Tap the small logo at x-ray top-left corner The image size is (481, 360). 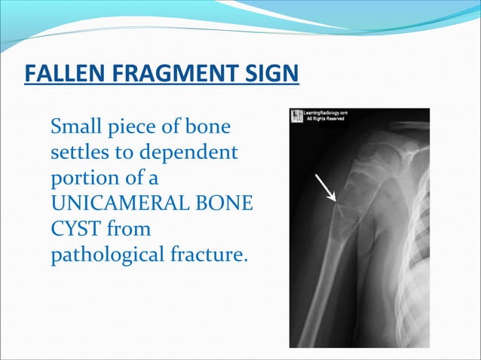click(297, 117)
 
